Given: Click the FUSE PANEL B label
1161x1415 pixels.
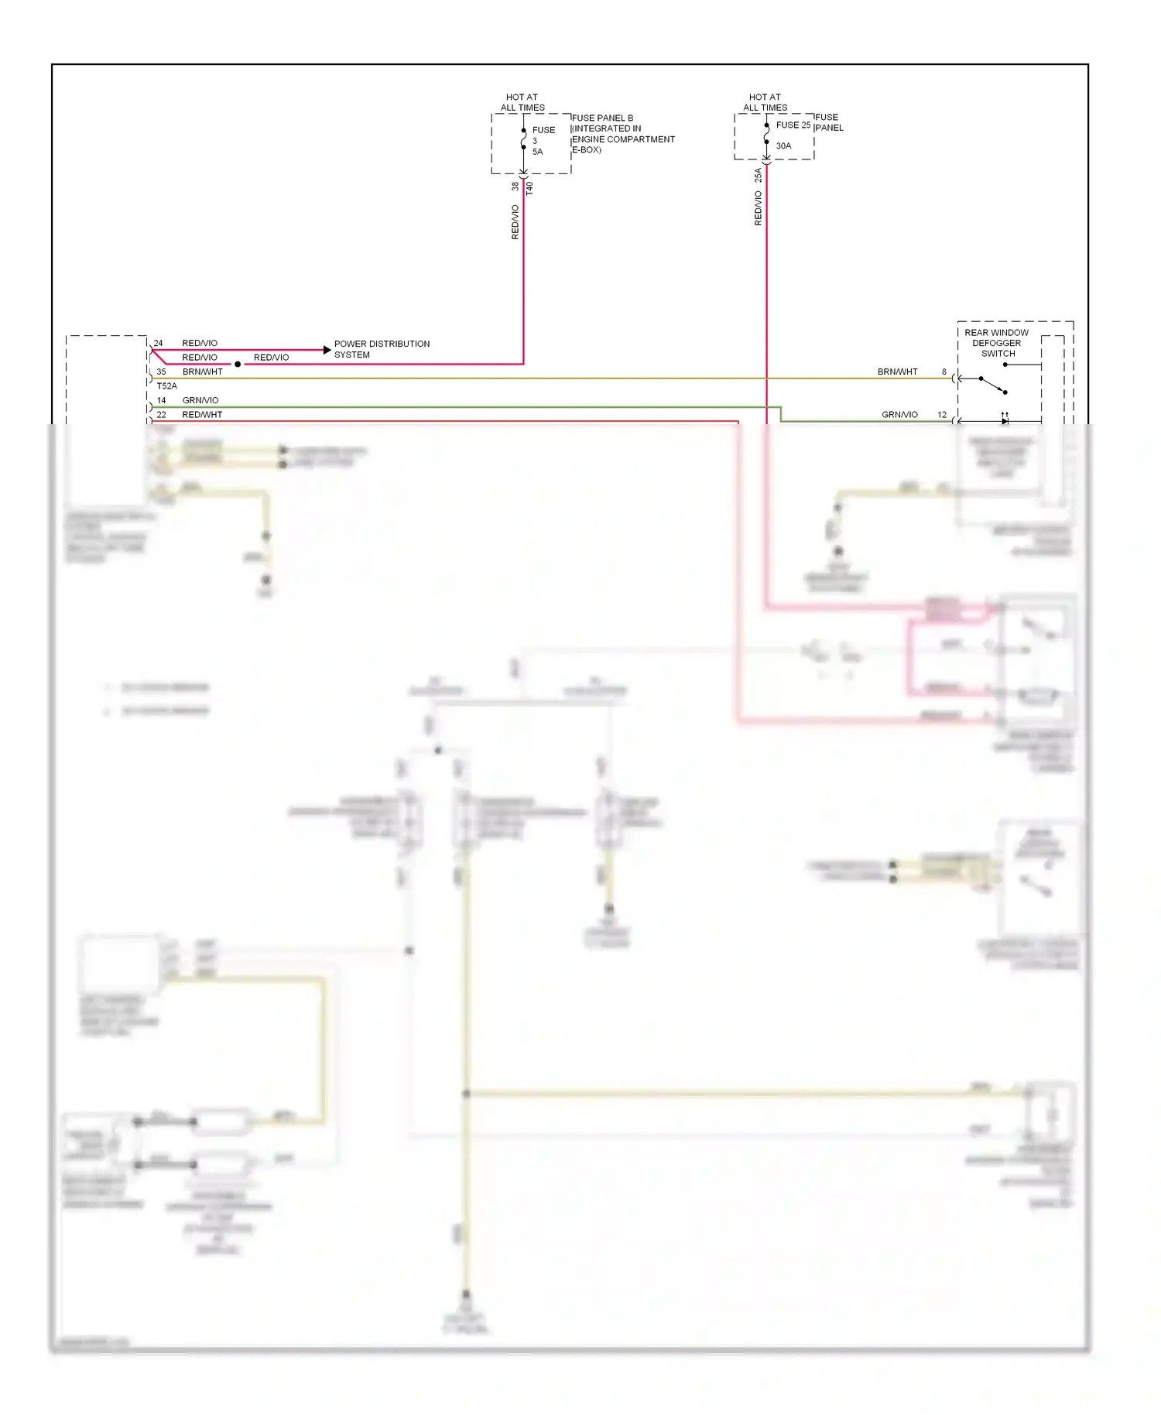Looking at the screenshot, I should [x=602, y=118].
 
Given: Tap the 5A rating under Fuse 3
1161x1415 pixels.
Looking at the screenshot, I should [x=537, y=152].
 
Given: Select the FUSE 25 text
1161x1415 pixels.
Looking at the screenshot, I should [x=793, y=125].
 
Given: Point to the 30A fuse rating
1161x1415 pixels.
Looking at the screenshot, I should [x=783, y=146].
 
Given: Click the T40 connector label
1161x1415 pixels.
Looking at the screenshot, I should [x=529, y=188].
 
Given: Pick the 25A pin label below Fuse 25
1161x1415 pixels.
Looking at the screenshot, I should [x=758, y=176].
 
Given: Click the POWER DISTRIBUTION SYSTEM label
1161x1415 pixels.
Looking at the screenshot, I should [x=382, y=349].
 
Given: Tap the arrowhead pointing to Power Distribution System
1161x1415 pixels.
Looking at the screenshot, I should [x=327, y=350].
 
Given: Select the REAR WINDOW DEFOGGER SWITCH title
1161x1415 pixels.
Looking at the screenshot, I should [x=997, y=343].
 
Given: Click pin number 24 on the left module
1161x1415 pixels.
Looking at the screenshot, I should [x=158, y=343].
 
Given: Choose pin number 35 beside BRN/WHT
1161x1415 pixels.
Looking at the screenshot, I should [x=161, y=372].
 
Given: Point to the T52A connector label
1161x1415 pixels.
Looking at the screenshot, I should [x=166, y=385].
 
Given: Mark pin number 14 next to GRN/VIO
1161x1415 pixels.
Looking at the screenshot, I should [x=161, y=400].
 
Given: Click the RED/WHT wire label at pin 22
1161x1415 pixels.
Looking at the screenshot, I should [x=202, y=415].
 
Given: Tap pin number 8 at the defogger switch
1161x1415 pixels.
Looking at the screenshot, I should [x=944, y=372].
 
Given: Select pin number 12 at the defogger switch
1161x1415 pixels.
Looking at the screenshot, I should [x=942, y=415].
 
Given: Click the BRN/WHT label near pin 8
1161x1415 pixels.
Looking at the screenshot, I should [x=897, y=372].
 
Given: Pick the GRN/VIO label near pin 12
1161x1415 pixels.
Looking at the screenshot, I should [x=899, y=415].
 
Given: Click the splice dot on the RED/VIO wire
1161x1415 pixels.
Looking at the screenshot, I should [x=238, y=364].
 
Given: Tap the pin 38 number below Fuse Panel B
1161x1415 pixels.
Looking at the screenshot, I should [x=515, y=187].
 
